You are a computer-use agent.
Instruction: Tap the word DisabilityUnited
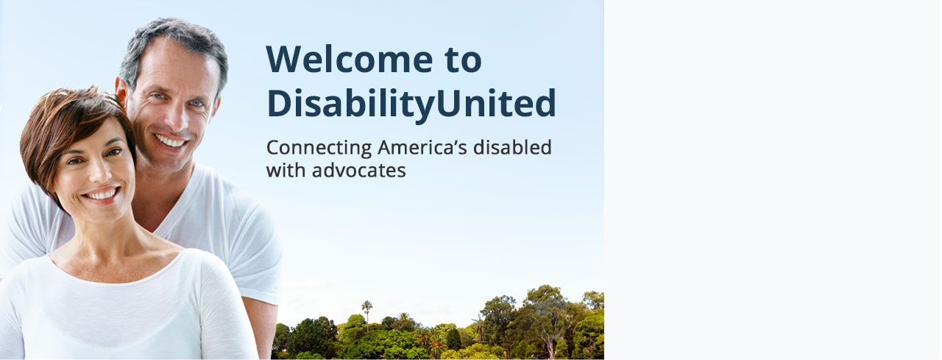(411, 104)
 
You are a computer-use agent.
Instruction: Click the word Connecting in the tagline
(319, 149)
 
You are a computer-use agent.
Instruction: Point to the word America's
(422, 147)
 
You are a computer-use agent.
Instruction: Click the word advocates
(358, 171)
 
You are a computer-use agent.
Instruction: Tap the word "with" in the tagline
(286, 170)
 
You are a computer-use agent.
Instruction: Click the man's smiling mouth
(170, 140)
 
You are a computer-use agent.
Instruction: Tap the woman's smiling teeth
(101, 194)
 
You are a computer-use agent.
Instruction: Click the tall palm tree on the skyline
(366, 314)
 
